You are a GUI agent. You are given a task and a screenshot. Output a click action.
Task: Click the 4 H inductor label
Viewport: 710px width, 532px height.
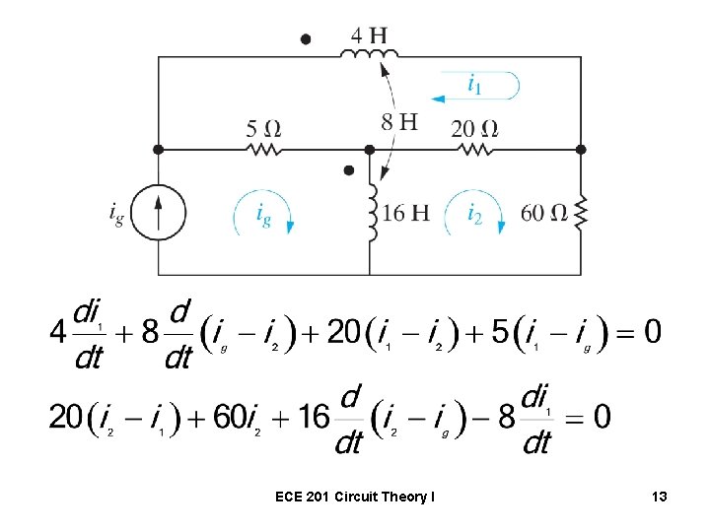pyautogui.click(x=370, y=36)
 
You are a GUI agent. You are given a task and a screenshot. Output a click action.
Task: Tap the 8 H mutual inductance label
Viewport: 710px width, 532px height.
pyautogui.click(x=399, y=122)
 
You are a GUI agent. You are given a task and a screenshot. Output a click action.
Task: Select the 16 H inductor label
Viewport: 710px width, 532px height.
pyautogui.click(x=405, y=214)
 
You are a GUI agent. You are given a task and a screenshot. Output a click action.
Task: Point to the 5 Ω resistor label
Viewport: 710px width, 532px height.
pyautogui.click(x=263, y=128)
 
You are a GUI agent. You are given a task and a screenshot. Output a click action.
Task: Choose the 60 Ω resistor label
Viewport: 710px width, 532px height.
pyautogui.click(x=543, y=214)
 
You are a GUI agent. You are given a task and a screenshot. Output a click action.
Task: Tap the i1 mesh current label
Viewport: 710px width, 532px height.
pyautogui.click(x=474, y=86)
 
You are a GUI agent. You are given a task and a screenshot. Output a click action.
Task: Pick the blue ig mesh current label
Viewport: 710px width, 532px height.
pyautogui.click(x=263, y=213)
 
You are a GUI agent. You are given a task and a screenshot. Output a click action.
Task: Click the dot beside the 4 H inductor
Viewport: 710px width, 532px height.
pyautogui.click(x=306, y=39)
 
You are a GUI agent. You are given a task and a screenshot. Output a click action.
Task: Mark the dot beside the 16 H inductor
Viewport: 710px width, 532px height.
pyautogui.click(x=348, y=170)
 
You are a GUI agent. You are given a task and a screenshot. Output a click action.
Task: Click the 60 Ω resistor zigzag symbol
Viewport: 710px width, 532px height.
pyautogui.click(x=581, y=212)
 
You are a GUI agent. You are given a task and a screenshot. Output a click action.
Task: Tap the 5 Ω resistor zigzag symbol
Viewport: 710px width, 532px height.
pyautogui.click(x=263, y=150)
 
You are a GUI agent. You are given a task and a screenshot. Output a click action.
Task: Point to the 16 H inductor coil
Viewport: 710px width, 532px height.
pyautogui.click(x=372, y=212)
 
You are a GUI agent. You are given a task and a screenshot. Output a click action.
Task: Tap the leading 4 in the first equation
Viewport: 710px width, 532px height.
pyautogui.click(x=58, y=331)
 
